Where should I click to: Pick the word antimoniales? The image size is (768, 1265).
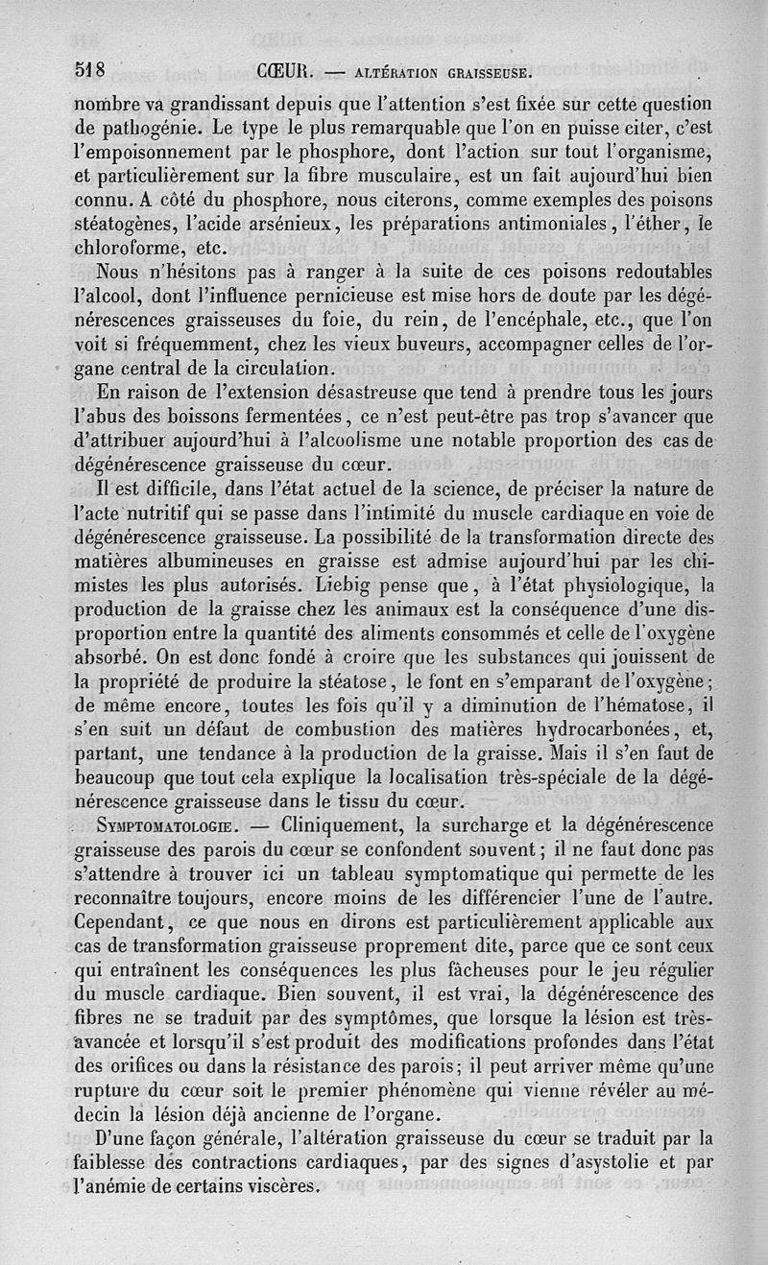[541, 225]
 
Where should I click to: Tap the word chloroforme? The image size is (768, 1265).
[130, 250]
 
